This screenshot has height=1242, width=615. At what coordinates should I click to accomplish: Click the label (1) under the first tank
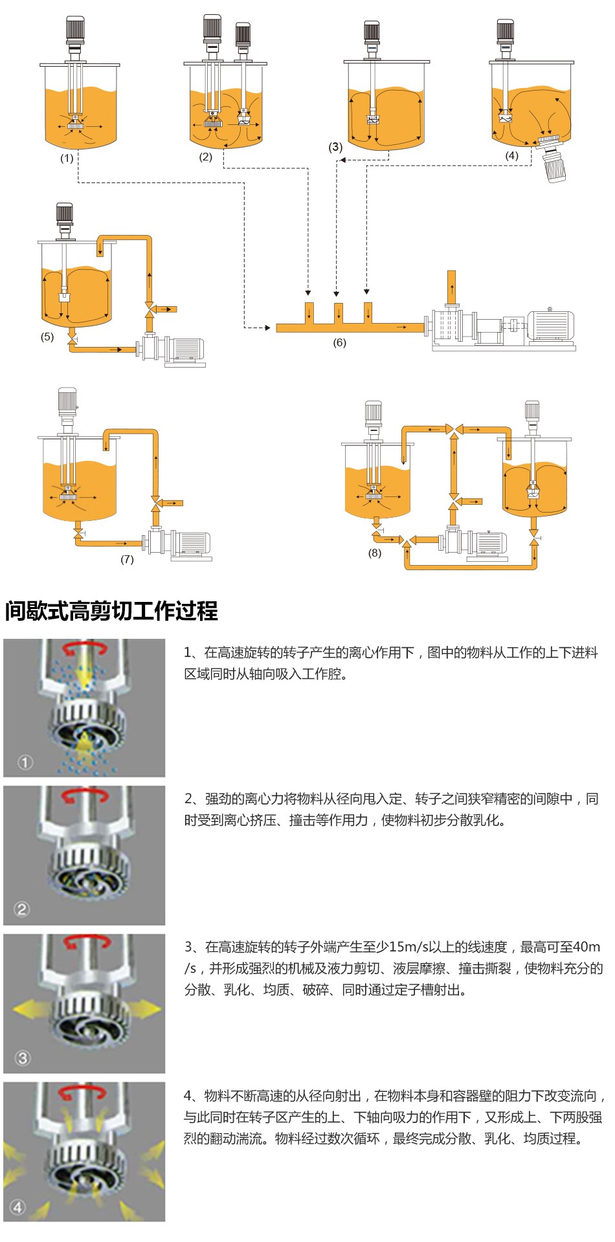point(67,159)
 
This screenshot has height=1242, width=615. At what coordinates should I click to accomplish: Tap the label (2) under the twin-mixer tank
point(206,157)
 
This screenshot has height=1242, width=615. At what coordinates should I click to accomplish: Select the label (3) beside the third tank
point(335,147)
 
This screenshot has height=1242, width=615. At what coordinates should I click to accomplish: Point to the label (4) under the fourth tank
point(512,156)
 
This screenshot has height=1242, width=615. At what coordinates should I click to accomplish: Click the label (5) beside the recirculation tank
point(47,337)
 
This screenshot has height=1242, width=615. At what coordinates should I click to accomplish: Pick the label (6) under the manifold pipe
point(339,343)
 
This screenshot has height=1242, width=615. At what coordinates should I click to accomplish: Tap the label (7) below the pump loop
point(127,559)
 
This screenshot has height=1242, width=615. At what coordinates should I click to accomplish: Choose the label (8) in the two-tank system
point(375,553)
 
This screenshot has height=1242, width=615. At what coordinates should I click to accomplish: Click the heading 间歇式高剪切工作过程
point(111,611)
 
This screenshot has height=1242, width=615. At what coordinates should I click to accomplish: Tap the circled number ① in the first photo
point(25,762)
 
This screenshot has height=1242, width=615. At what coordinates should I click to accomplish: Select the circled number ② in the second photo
point(22,909)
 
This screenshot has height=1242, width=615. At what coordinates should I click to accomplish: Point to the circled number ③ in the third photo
point(23,1058)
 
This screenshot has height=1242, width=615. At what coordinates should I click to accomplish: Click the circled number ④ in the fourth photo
point(18,1207)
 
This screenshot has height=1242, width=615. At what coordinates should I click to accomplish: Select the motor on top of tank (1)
point(76,30)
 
